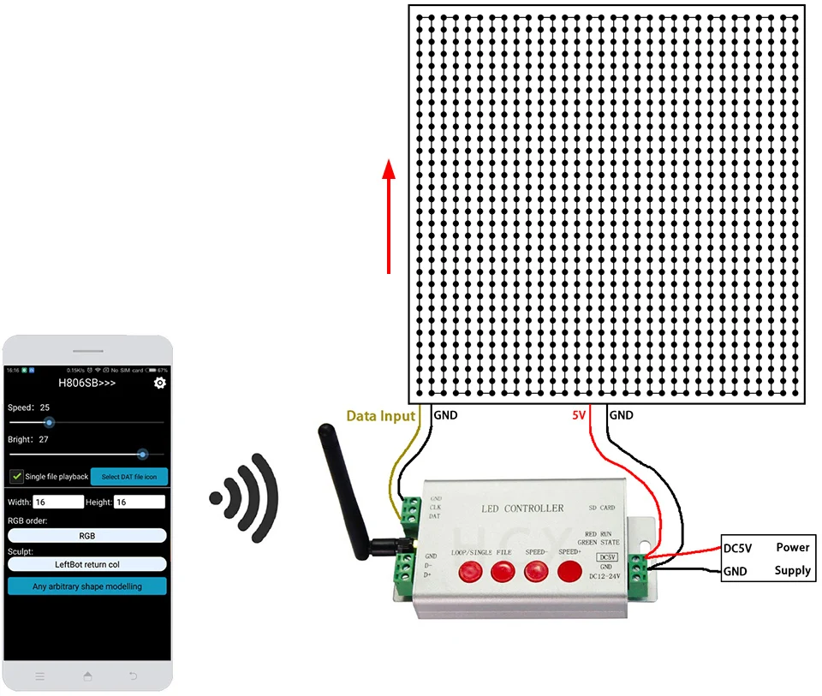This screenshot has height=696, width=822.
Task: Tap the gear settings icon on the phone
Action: pos(159,383)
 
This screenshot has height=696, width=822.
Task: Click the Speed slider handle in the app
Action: pos(49,422)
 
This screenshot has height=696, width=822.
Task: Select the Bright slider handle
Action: pos(142,455)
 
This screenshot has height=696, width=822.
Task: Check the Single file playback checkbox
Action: pos(16,476)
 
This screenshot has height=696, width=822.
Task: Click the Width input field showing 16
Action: pos(58,503)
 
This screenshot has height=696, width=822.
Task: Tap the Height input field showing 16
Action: pos(140,503)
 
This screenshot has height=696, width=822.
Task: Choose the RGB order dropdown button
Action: pos(86,536)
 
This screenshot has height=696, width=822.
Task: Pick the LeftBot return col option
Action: pos(86,564)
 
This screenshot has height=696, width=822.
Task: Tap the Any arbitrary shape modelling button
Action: pos(86,586)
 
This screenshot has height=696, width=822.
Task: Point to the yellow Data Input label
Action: pos(380,416)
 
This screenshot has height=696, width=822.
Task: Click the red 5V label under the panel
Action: pos(580,416)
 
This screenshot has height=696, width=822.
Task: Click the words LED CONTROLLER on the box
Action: pos(521,509)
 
